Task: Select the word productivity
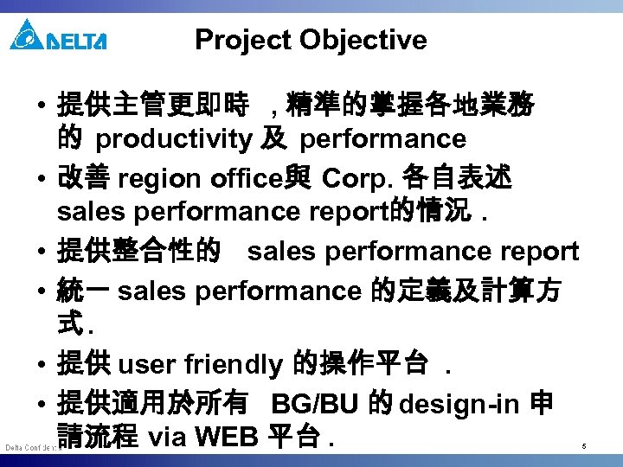point(173,138)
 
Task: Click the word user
point(145,365)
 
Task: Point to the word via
point(168,436)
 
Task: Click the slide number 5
point(584,446)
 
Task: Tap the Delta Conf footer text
point(29,447)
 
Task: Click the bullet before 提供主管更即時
point(42,108)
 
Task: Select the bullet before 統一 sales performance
point(42,291)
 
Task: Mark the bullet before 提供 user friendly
point(42,366)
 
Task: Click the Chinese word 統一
point(83,291)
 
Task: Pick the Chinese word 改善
point(83,180)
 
